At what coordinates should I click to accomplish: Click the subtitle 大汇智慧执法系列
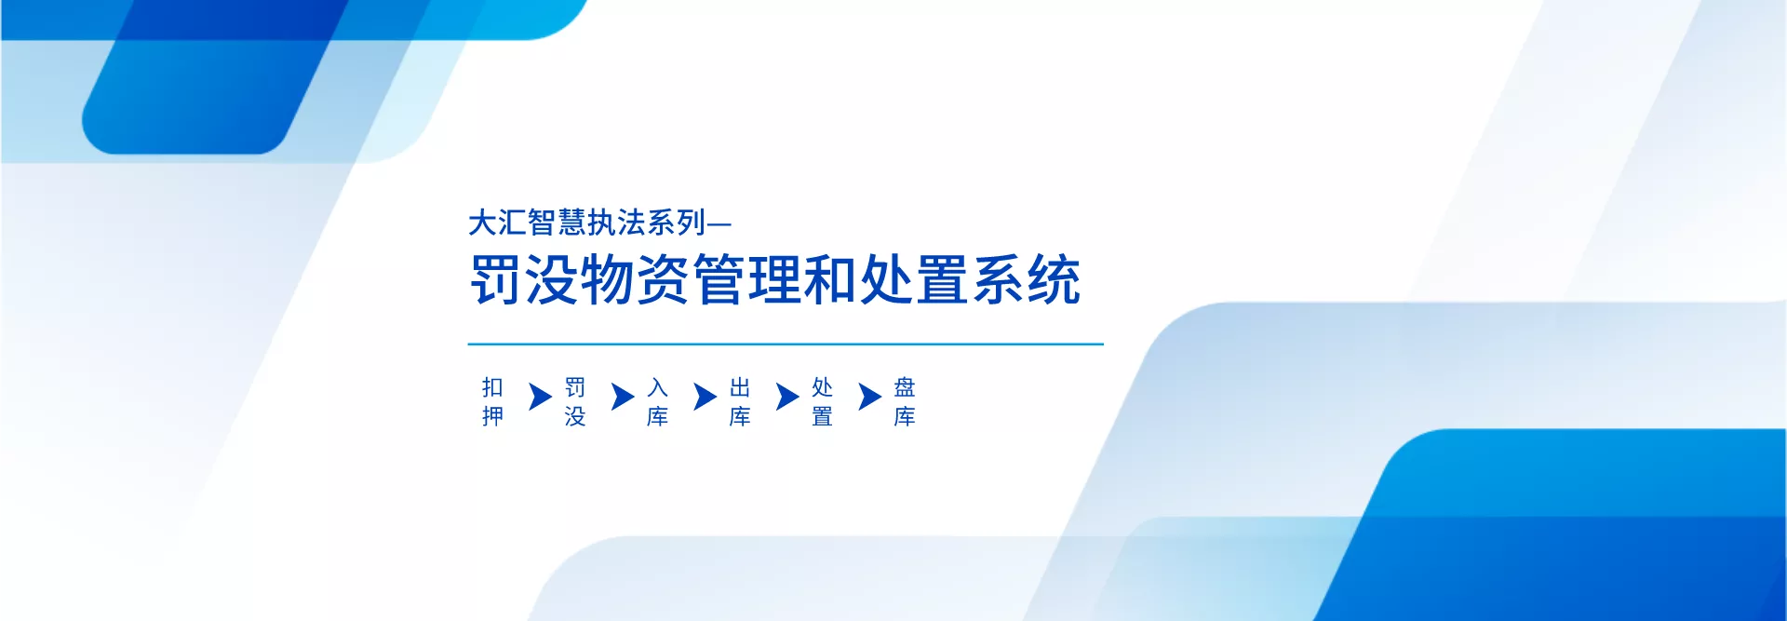[587, 223]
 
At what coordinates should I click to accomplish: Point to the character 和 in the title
[831, 279]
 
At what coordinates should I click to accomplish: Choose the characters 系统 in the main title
[1027, 279]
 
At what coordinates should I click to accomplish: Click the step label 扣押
[492, 401]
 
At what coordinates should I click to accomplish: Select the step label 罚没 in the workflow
[575, 401]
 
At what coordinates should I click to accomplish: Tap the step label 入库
[657, 401]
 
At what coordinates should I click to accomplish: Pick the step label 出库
[740, 401]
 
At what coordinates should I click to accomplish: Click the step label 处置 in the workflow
[822, 401]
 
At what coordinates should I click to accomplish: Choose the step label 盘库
[905, 401]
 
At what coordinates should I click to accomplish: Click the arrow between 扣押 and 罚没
[540, 397]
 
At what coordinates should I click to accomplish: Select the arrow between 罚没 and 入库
[623, 397]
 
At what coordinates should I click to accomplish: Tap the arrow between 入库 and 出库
[705, 397]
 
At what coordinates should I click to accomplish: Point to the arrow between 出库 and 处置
[787, 397]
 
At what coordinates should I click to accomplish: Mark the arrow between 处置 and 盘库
[869, 397]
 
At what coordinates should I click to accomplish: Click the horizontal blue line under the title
[786, 344]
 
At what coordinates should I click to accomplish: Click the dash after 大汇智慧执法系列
[719, 223]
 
